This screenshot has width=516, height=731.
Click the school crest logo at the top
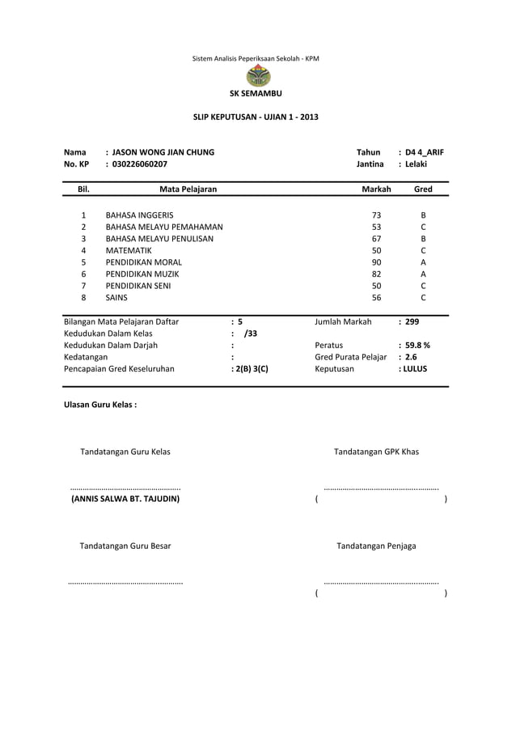pyautogui.click(x=258, y=78)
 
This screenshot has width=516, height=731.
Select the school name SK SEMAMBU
pyautogui.click(x=258, y=96)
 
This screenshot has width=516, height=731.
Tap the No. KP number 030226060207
pyautogui.click(x=140, y=164)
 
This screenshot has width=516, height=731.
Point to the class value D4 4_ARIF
pyautogui.click(x=425, y=152)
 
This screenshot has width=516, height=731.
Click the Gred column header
pyautogui.click(x=423, y=189)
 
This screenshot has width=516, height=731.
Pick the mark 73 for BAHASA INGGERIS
pyautogui.click(x=376, y=215)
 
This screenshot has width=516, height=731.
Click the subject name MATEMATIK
pyautogui.click(x=129, y=251)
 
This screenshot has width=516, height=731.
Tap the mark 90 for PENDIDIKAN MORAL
pyautogui.click(x=376, y=262)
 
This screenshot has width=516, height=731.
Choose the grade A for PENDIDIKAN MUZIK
pyautogui.click(x=423, y=274)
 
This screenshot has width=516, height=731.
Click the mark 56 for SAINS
pyautogui.click(x=376, y=298)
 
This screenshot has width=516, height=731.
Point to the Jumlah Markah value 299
pyautogui.click(x=412, y=322)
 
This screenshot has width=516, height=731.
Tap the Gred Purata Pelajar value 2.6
pyautogui.click(x=411, y=357)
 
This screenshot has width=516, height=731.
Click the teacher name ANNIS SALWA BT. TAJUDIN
pyautogui.click(x=125, y=499)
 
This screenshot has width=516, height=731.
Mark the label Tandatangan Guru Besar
pyautogui.click(x=125, y=546)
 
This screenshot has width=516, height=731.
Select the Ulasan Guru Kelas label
pyautogui.click(x=100, y=403)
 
